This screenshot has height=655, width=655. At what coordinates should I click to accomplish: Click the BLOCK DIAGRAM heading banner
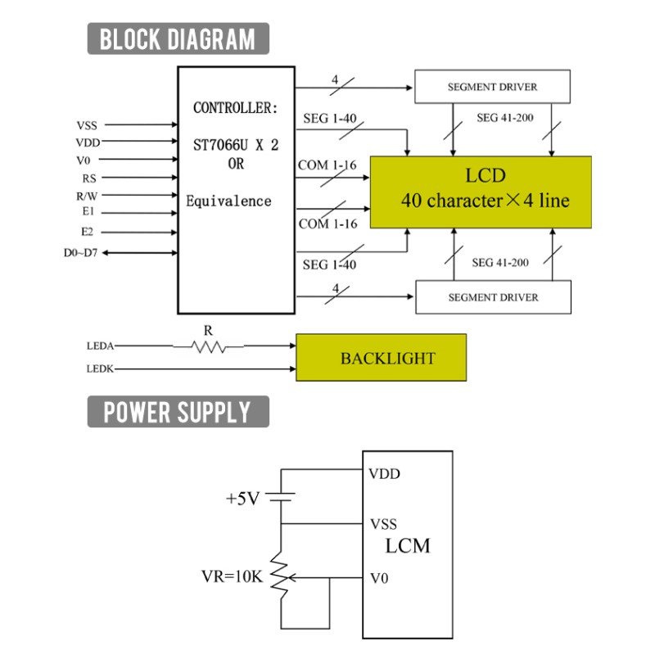(178, 38)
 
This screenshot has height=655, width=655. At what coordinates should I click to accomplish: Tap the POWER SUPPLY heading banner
(178, 412)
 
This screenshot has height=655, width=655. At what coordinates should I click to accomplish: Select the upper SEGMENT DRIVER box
(492, 87)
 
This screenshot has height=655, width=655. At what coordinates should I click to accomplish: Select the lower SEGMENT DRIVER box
(494, 297)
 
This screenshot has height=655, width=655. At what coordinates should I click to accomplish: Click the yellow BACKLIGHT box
(381, 357)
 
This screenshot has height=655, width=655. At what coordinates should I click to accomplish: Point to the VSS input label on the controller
(87, 125)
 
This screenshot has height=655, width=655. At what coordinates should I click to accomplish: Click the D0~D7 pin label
(80, 253)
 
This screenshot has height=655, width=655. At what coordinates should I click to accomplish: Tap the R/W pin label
(87, 196)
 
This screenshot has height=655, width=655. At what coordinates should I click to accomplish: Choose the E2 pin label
(87, 232)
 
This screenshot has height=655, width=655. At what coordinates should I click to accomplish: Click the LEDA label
(100, 346)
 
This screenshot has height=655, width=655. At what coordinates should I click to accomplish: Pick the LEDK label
(100, 369)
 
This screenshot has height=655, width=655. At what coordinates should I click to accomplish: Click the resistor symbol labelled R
(208, 346)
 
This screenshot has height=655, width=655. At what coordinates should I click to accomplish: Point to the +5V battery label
(242, 499)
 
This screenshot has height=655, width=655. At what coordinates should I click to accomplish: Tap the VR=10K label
(233, 576)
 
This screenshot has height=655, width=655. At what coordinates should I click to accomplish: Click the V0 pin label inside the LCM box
(379, 578)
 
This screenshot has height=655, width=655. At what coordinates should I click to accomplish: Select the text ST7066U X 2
(236, 145)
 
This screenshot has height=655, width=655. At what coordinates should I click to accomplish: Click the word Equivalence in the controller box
(228, 201)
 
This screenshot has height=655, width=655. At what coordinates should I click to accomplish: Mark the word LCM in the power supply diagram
(407, 546)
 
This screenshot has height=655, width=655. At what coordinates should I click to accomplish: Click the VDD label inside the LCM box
(384, 474)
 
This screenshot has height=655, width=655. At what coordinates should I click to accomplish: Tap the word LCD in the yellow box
(486, 175)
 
